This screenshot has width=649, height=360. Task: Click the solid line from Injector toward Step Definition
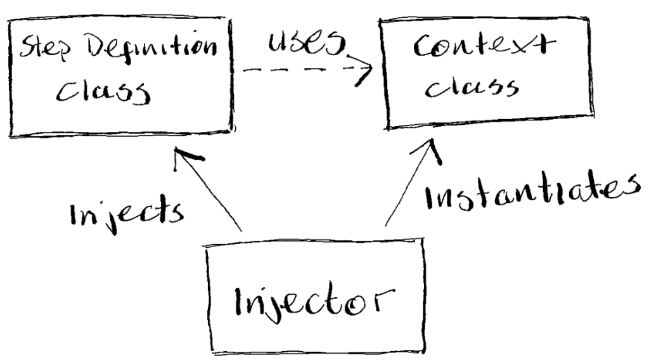click(x=212, y=193)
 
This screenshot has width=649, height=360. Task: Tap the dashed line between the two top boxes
click(x=298, y=70)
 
